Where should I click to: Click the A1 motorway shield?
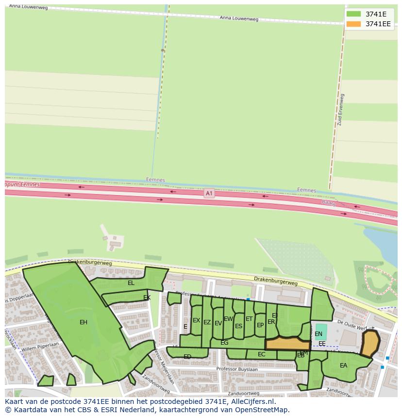(x=209, y=193)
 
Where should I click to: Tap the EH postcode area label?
(x=84, y=322)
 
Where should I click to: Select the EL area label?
(x=131, y=283)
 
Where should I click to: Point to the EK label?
(x=147, y=298)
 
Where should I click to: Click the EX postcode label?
(x=196, y=320)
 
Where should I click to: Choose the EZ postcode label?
(x=207, y=322)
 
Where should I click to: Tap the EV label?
(x=218, y=323)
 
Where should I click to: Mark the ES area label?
(x=238, y=326)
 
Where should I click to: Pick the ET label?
(x=249, y=319)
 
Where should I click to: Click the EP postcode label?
(x=260, y=325)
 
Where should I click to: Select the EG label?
(x=224, y=343)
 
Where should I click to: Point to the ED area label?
(x=187, y=357)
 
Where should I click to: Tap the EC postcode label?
(x=262, y=354)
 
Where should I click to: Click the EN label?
(x=318, y=334)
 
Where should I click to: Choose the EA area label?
(x=344, y=366)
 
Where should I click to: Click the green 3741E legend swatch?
(x=353, y=14)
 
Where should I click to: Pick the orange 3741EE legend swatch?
(x=353, y=24)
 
